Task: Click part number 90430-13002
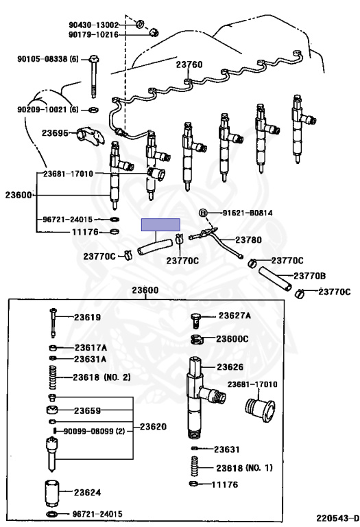pyautogui.click(x=94, y=25)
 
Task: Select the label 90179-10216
pyautogui.click(x=94, y=34)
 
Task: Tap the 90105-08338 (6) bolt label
pyautogui.click(x=48, y=59)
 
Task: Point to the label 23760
pyautogui.click(x=189, y=65)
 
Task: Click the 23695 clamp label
pyautogui.click(x=55, y=133)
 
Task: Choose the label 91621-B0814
pyautogui.click(x=248, y=213)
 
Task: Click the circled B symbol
pyautogui.click(x=203, y=213)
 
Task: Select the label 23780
pyautogui.click(x=248, y=239)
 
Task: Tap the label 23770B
pyautogui.click(x=310, y=276)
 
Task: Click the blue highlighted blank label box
pyautogui.click(x=160, y=225)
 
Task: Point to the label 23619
pyautogui.click(x=87, y=317)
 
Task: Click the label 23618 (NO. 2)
pyautogui.click(x=101, y=377)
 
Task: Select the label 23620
pyautogui.click(x=153, y=427)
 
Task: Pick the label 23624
pyautogui.click(x=87, y=493)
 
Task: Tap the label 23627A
pyautogui.click(x=235, y=316)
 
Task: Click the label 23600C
pyautogui.click(x=232, y=339)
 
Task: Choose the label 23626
pyautogui.click(x=230, y=366)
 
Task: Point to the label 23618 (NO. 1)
pyautogui.click(x=245, y=467)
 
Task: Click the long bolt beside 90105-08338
pyautogui.click(x=94, y=77)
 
